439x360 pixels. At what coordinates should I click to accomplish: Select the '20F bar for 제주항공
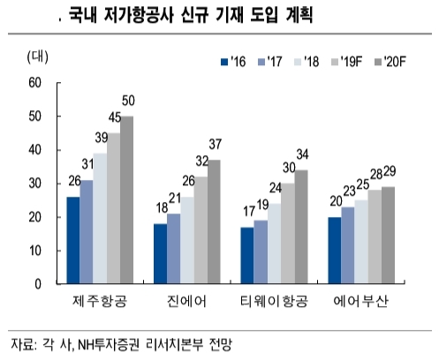(126, 199)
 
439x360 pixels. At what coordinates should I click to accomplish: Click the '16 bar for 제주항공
(72, 240)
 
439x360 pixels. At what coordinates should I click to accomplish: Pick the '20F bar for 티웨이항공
(301, 227)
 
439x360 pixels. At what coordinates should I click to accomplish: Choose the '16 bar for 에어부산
(334, 251)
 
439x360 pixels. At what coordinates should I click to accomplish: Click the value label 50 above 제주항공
(128, 100)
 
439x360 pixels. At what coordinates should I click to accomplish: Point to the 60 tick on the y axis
(35, 83)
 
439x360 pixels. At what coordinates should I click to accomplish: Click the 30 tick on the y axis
(35, 184)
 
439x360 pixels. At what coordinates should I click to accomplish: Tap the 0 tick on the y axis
(38, 284)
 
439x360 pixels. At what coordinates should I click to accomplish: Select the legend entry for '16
(232, 61)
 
